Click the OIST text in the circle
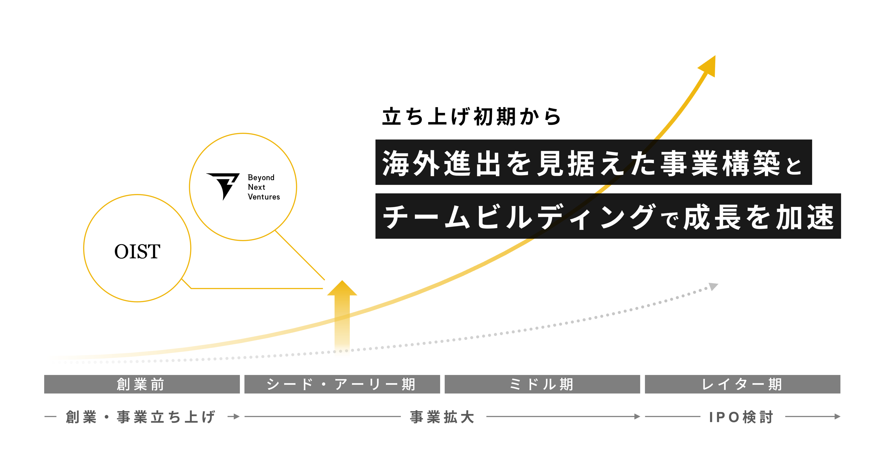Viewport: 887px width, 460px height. tap(137, 251)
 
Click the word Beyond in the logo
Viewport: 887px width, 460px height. tap(261, 177)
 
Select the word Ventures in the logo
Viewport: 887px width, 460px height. tap(264, 197)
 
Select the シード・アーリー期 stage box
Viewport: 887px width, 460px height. tap(342, 384)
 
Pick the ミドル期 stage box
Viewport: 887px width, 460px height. tap(542, 384)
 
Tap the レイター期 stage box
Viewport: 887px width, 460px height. tap(742, 384)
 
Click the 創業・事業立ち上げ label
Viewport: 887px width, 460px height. tap(141, 417)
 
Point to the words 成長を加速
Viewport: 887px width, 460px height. tap(759, 216)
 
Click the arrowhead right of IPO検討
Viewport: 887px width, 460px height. tap(837, 416)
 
